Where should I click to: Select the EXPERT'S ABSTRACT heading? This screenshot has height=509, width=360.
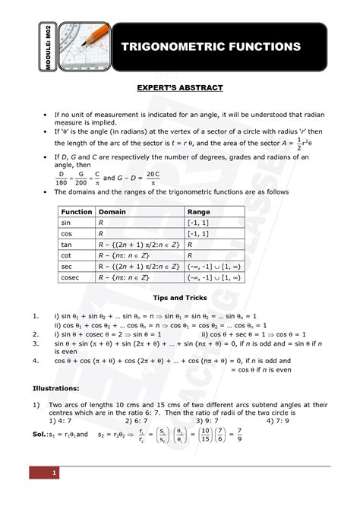click(179, 88)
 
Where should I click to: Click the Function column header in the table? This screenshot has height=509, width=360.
click(77, 212)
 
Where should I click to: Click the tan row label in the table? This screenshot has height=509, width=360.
click(67, 245)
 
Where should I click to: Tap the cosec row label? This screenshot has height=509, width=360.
click(72, 278)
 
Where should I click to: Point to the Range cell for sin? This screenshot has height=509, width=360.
click(199, 223)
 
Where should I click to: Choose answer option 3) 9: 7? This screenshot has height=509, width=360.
click(207, 419)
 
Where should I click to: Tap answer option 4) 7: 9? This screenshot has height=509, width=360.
click(278, 419)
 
